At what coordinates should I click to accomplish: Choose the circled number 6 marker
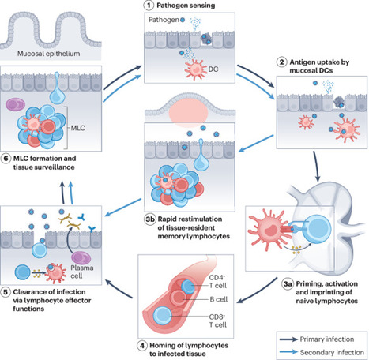8,159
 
